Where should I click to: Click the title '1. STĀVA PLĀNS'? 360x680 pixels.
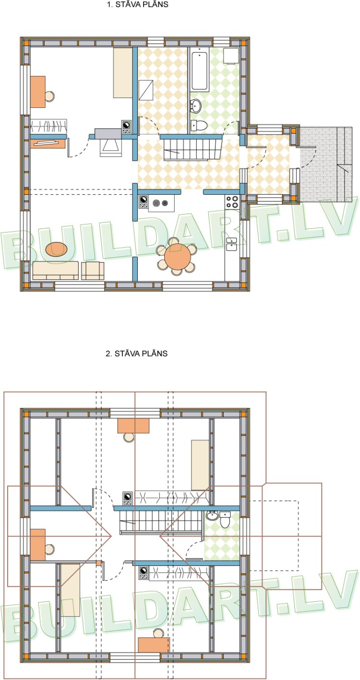[x=137, y=5]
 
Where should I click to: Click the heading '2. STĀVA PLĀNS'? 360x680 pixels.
[x=137, y=354]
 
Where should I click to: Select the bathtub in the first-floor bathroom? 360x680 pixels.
[x=200, y=72]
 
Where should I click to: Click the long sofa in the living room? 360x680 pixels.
[x=56, y=270]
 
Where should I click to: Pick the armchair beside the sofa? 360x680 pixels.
[x=93, y=271]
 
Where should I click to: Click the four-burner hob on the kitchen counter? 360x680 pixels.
[x=232, y=202]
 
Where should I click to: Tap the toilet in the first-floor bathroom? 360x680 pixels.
[x=199, y=124]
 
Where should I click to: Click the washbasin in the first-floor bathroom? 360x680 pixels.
[x=195, y=106]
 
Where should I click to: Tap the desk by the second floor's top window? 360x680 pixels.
[x=133, y=426]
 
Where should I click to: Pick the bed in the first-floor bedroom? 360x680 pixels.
[x=123, y=72]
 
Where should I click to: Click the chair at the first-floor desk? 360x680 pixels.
[x=49, y=96]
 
